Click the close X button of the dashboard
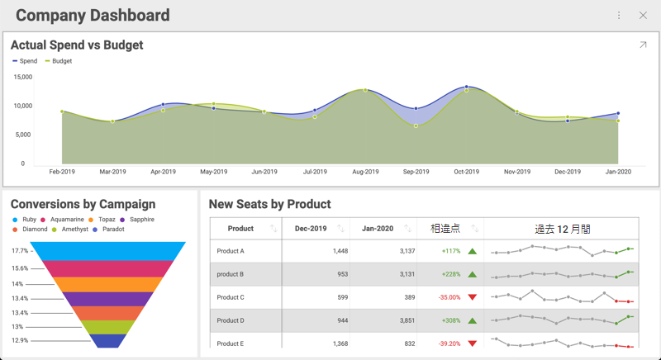[643, 16]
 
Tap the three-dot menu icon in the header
[619, 16]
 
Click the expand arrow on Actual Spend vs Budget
[643, 45]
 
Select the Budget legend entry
[58, 61]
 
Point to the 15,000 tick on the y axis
[23, 77]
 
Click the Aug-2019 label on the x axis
[365, 172]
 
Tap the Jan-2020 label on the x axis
[618, 172]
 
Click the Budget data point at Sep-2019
[416, 126]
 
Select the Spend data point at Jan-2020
[618, 114]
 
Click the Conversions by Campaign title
[83, 204]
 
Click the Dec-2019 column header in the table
[311, 229]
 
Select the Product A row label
[231, 251]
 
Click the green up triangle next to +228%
[473, 274]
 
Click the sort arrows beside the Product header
[273, 229]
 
